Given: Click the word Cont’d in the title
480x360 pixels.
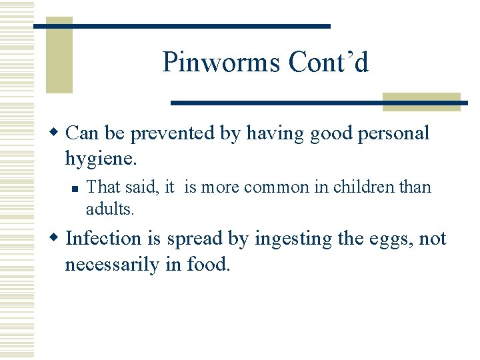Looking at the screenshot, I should [329, 63].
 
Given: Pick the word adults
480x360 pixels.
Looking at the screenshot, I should [110, 209].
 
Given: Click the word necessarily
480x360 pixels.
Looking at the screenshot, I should [113, 265].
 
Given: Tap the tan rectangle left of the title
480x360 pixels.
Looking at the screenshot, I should [59, 55].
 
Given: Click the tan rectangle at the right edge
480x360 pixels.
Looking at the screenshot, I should [421, 101].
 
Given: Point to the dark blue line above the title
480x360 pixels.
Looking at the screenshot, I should [182, 26].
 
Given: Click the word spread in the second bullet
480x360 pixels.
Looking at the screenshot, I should [194, 239].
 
